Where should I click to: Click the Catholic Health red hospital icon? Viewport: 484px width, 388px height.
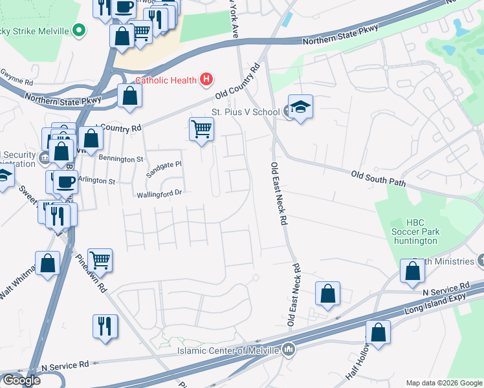point(206,80)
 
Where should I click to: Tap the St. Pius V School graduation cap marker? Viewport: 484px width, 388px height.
point(300,107)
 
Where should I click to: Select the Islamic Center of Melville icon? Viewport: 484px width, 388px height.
point(289,350)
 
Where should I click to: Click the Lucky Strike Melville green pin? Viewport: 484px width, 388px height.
point(79,30)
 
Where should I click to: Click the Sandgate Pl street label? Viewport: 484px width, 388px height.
point(164,169)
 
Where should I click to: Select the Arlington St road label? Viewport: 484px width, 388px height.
point(96,181)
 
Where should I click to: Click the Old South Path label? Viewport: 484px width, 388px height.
point(378,178)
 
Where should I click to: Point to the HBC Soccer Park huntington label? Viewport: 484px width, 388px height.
point(415,232)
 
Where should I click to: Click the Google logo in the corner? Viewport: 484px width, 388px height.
point(21,380)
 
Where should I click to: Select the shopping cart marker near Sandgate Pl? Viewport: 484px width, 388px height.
point(202,129)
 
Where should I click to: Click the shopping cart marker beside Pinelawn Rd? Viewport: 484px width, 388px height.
point(100,260)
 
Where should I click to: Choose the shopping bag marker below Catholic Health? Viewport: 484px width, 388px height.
point(130,96)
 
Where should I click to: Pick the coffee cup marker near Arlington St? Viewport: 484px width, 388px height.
point(65,182)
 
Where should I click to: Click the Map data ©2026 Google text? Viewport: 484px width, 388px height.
point(444,383)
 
